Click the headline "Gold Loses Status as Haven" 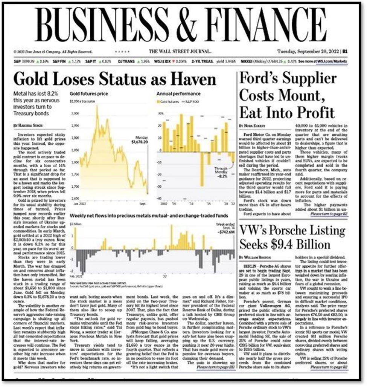click(x=115, y=80)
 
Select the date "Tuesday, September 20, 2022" click(x=308, y=52)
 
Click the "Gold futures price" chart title click(x=89, y=93)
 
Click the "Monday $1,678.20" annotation click(x=140, y=140)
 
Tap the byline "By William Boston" click(x=256, y=257)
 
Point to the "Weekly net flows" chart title click(x=149, y=216)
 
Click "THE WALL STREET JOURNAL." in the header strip click(x=180, y=52)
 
